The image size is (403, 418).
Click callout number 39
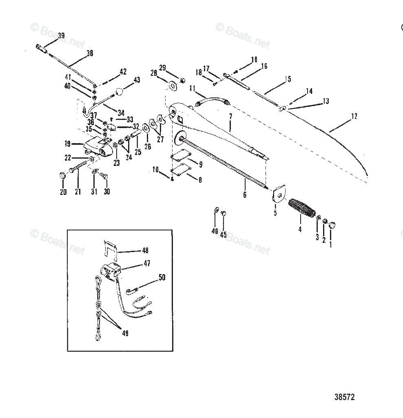coord(61,36)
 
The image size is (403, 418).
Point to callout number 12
coord(354,117)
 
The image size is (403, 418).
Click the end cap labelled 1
coord(332,224)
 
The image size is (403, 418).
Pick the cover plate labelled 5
coord(279,195)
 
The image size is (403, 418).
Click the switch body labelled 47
coord(111,271)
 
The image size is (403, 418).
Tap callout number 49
coord(125,333)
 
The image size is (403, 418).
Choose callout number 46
coord(215,231)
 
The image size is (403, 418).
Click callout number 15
coord(288,79)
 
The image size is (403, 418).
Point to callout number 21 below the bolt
coord(78,192)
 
